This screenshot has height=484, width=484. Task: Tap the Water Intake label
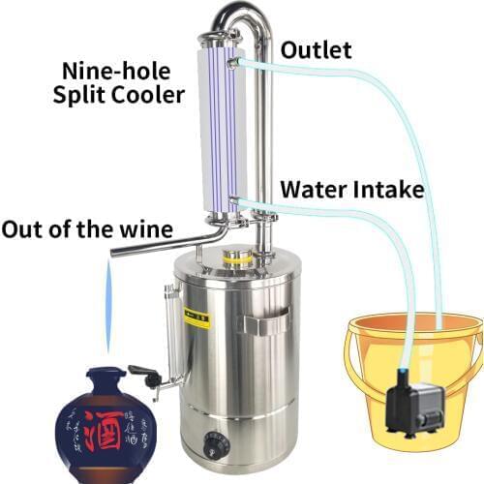[351, 189]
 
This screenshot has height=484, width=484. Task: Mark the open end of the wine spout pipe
[114, 253]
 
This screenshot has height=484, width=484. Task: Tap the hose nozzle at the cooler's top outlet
[235, 61]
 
